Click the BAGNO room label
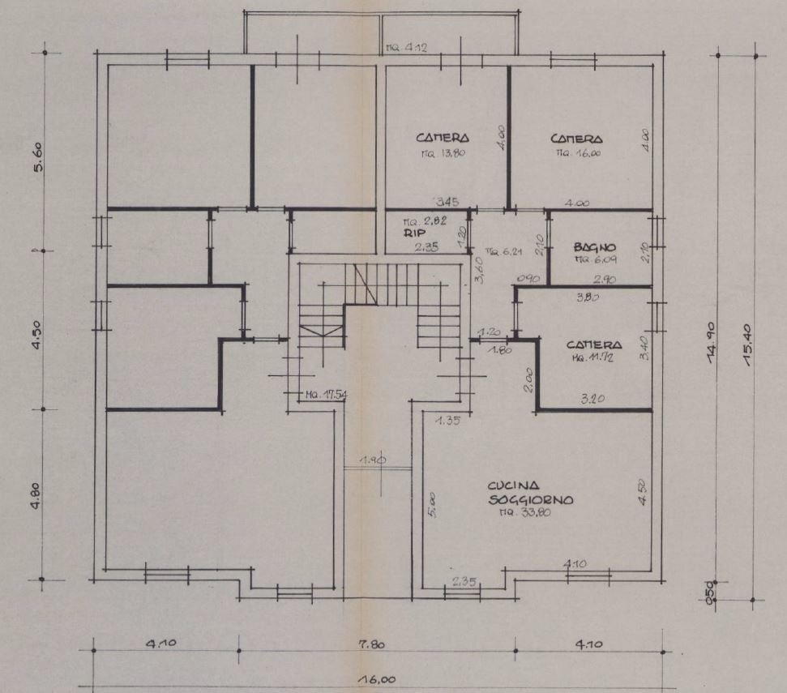click(595, 246)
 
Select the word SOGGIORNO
click(531, 500)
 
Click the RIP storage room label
click(414, 232)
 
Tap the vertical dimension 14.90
click(712, 344)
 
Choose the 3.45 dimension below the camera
click(447, 201)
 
